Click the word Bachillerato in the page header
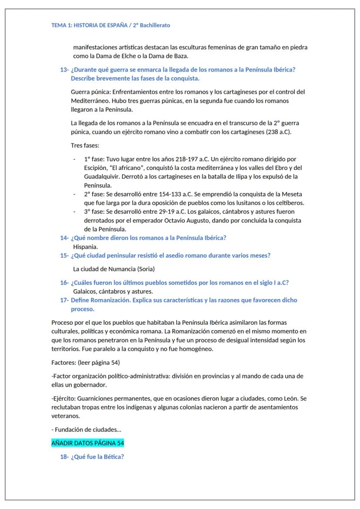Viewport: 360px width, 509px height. tap(155, 25)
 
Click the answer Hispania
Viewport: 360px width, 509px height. tap(85, 246)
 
